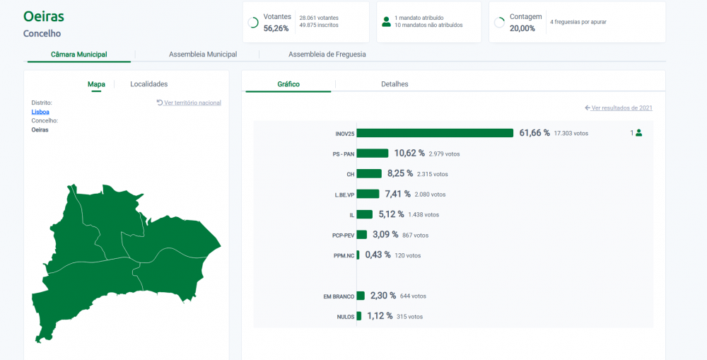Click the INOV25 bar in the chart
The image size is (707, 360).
point(435,133)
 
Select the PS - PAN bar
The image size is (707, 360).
point(373,153)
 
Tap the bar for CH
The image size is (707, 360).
point(369,174)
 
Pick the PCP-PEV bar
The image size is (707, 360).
point(362,235)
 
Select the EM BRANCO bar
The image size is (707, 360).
point(361,296)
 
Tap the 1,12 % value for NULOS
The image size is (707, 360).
point(380,315)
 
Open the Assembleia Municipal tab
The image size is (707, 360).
point(203,54)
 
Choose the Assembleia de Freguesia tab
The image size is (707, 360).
point(327,54)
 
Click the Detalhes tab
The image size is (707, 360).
point(395,84)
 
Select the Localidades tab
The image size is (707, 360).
point(148,84)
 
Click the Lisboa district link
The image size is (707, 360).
point(40,112)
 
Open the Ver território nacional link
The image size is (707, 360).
point(189,103)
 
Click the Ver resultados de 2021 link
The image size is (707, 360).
point(619,108)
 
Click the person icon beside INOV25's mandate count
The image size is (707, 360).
point(638,133)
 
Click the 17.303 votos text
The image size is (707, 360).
point(571,134)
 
